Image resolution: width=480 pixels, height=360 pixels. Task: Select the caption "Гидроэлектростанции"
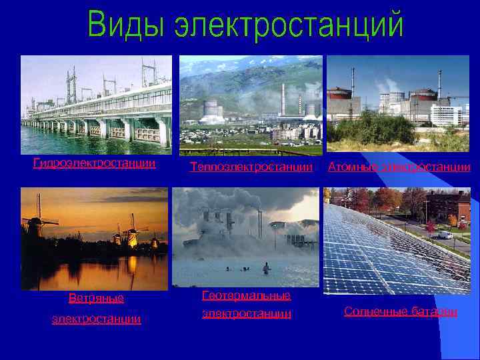point(95,163)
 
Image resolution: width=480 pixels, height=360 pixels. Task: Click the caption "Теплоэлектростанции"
point(251,166)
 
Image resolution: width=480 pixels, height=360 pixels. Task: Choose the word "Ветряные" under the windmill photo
point(96,297)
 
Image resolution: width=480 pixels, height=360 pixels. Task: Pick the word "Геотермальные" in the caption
point(246,295)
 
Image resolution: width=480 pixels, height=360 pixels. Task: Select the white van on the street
point(445,235)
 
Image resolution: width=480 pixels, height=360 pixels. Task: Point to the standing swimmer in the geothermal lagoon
point(267,268)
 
